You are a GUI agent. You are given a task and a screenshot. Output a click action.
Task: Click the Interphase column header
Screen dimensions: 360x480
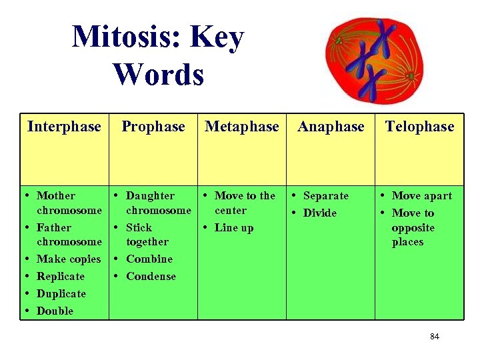[x=64, y=127]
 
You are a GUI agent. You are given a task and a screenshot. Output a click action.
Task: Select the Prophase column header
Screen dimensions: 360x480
[x=153, y=127]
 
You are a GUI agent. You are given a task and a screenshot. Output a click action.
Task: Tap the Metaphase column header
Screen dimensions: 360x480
[x=242, y=127]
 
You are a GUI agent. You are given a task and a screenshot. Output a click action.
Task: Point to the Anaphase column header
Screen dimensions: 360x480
[x=331, y=127]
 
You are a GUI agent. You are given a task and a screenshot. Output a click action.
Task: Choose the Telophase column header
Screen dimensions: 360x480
[x=419, y=127]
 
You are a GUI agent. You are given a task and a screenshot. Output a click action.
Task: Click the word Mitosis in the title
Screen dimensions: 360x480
[x=127, y=37]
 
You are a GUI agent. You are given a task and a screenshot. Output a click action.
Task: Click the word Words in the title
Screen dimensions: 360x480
[x=159, y=74]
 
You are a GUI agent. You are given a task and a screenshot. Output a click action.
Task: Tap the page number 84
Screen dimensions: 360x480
[x=435, y=337]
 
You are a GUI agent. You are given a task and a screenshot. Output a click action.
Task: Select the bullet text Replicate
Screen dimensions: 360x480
[x=61, y=277]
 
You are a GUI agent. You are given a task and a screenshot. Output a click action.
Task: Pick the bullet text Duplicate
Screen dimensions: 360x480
[x=61, y=294]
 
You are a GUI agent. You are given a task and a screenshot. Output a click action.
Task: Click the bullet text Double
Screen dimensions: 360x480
[x=55, y=311]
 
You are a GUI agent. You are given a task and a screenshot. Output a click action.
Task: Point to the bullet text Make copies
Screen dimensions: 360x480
[x=69, y=259]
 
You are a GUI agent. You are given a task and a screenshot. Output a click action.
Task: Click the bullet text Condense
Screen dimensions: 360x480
[x=151, y=277]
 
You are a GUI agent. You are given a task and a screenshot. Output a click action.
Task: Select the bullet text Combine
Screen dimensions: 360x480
[x=149, y=259]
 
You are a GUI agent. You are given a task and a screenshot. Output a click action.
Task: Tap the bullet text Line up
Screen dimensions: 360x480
[x=234, y=228]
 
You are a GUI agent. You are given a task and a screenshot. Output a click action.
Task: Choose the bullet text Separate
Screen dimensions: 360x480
[x=326, y=196]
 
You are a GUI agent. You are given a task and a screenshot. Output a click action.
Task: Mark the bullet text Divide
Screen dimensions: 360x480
[x=320, y=213]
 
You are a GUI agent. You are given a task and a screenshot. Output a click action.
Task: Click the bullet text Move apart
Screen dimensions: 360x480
[x=422, y=196]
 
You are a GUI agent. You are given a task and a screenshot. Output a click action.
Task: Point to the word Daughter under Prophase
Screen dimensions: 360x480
[x=150, y=196]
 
